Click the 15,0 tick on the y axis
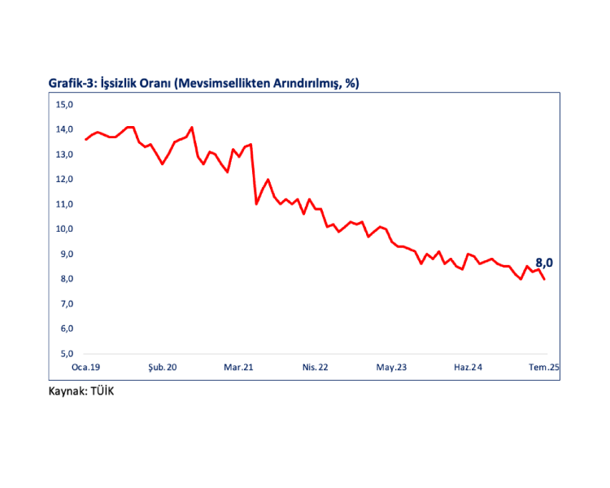point(64,104)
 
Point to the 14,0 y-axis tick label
point(64,129)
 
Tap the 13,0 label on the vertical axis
point(64,155)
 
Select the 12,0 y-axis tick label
point(64,179)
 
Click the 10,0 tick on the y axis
point(64,229)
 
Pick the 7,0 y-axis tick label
point(64,304)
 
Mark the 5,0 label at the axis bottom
point(64,354)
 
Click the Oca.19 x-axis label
point(85,368)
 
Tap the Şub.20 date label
point(162,368)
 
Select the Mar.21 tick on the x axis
point(239,368)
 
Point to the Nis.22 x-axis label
point(315,368)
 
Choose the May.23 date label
point(391,368)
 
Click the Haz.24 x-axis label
point(468,368)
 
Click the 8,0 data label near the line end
point(544,263)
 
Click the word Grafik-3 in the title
point(72,83)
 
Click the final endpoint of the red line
point(544,279)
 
